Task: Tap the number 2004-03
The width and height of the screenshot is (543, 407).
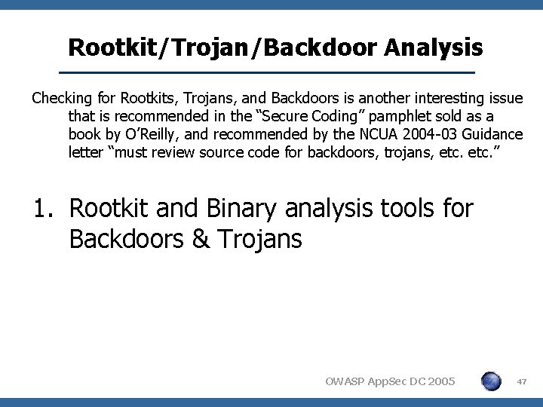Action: point(426,135)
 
